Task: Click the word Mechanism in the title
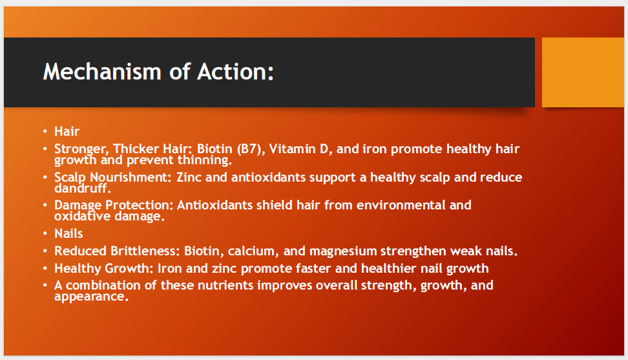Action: (x=102, y=72)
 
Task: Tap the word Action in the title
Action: (x=235, y=72)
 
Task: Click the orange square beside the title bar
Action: (x=583, y=72)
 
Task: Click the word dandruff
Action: (x=83, y=188)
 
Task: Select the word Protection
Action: (x=140, y=205)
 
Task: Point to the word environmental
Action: (x=401, y=205)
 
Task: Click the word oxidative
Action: (x=83, y=217)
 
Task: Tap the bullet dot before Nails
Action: (x=45, y=233)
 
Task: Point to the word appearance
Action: (x=91, y=297)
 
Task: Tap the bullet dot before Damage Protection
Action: (x=45, y=205)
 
